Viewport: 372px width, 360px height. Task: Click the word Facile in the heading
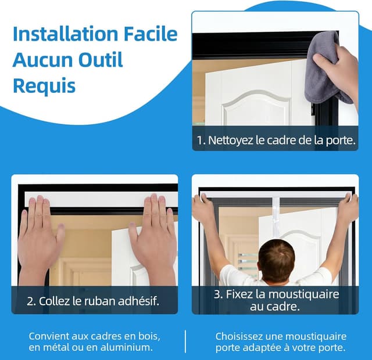(x=151, y=34)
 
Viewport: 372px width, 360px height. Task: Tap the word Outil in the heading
(x=101, y=59)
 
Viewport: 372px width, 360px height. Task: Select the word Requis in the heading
(x=44, y=87)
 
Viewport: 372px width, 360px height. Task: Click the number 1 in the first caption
(x=201, y=140)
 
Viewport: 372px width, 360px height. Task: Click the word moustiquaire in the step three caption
(x=303, y=294)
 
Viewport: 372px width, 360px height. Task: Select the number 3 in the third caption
(x=218, y=294)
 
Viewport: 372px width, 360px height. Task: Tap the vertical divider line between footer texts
(x=185, y=341)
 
